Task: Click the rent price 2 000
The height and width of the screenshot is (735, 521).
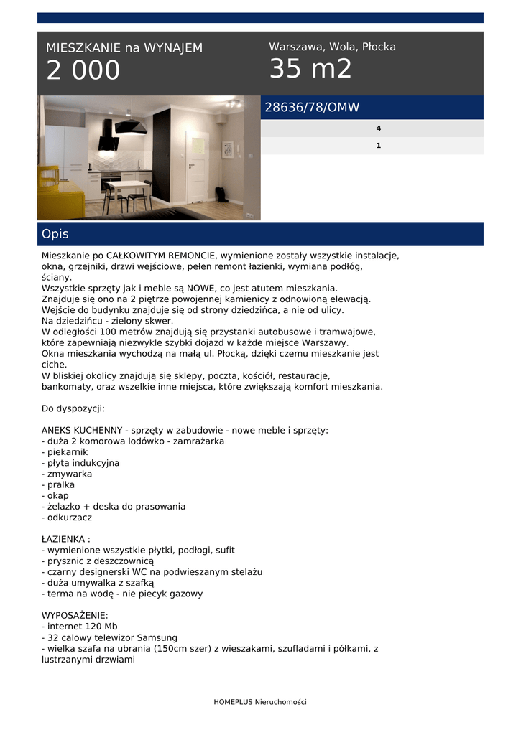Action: click(x=83, y=70)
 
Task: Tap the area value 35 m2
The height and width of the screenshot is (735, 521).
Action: click(x=310, y=69)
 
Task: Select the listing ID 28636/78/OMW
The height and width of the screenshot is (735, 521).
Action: click(x=312, y=108)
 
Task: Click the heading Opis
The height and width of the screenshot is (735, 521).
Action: click(x=55, y=234)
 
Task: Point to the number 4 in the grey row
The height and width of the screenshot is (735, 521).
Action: click(x=378, y=128)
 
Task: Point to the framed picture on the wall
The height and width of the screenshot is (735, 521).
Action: click(x=227, y=149)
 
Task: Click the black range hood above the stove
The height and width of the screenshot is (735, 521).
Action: click(x=109, y=136)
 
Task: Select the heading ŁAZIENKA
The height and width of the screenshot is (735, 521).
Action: click(x=65, y=539)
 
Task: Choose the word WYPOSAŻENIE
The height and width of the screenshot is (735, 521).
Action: click(x=75, y=615)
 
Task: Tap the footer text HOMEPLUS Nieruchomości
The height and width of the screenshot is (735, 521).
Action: click(x=260, y=702)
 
